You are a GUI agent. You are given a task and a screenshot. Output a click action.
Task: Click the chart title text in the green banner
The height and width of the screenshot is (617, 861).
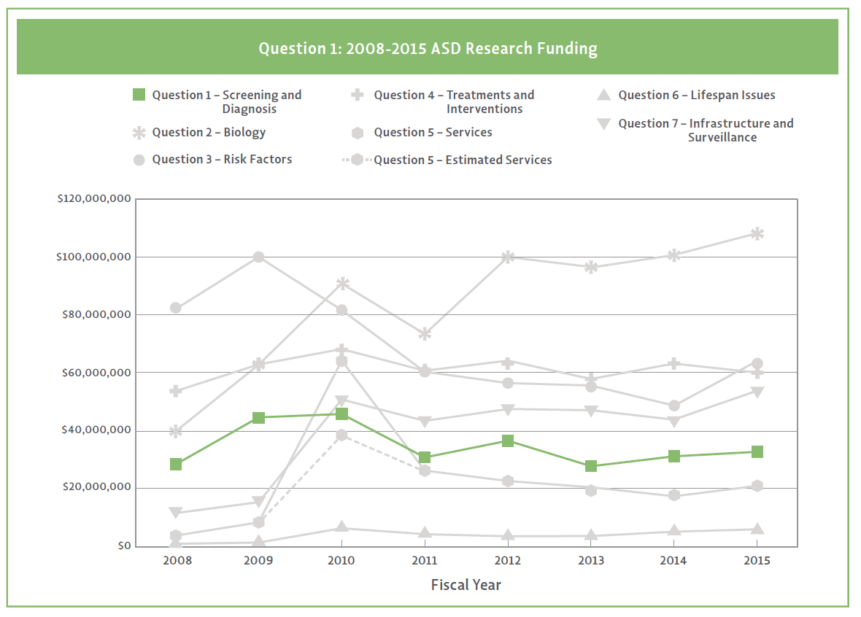click(428, 49)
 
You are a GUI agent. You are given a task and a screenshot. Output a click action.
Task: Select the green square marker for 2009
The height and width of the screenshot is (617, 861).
click(258, 418)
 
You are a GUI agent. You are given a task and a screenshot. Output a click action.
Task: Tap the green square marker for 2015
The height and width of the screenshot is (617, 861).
click(757, 452)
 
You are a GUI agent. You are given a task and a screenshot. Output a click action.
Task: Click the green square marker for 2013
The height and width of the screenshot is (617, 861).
click(591, 466)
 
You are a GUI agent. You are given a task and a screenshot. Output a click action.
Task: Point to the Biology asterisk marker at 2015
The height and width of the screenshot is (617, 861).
click(757, 234)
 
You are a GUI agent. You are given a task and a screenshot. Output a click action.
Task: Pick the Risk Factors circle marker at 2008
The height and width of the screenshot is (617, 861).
click(176, 308)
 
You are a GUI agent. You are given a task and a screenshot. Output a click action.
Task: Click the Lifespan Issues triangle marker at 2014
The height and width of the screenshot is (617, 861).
click(674, 530)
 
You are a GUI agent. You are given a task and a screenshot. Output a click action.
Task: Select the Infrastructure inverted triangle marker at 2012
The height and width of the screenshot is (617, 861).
click(508, 409)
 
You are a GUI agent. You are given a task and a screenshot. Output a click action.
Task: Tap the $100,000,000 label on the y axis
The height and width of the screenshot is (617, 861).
click(94, 257)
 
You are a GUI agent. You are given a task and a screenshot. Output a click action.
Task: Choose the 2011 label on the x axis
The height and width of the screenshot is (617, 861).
click(425, 561)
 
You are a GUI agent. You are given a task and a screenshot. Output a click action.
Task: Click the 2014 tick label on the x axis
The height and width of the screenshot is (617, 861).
click(674, 561)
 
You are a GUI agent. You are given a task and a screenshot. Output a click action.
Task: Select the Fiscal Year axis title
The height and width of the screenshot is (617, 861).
click(466, 585)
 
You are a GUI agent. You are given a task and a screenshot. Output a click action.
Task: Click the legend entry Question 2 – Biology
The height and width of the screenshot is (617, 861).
click(209, 133)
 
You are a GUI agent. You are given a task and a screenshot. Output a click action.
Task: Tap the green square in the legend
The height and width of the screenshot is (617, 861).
click(139, 95)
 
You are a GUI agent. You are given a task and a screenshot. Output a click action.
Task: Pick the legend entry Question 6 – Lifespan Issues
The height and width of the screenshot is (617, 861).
click(696, 95)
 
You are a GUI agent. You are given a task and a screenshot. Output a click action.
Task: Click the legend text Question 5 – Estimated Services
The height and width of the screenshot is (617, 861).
click(463, 160)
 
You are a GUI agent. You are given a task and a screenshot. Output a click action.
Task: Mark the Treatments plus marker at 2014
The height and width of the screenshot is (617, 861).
click(674, 363)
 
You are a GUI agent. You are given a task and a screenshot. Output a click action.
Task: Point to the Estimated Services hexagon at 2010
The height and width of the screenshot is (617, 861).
click(341, 435)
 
